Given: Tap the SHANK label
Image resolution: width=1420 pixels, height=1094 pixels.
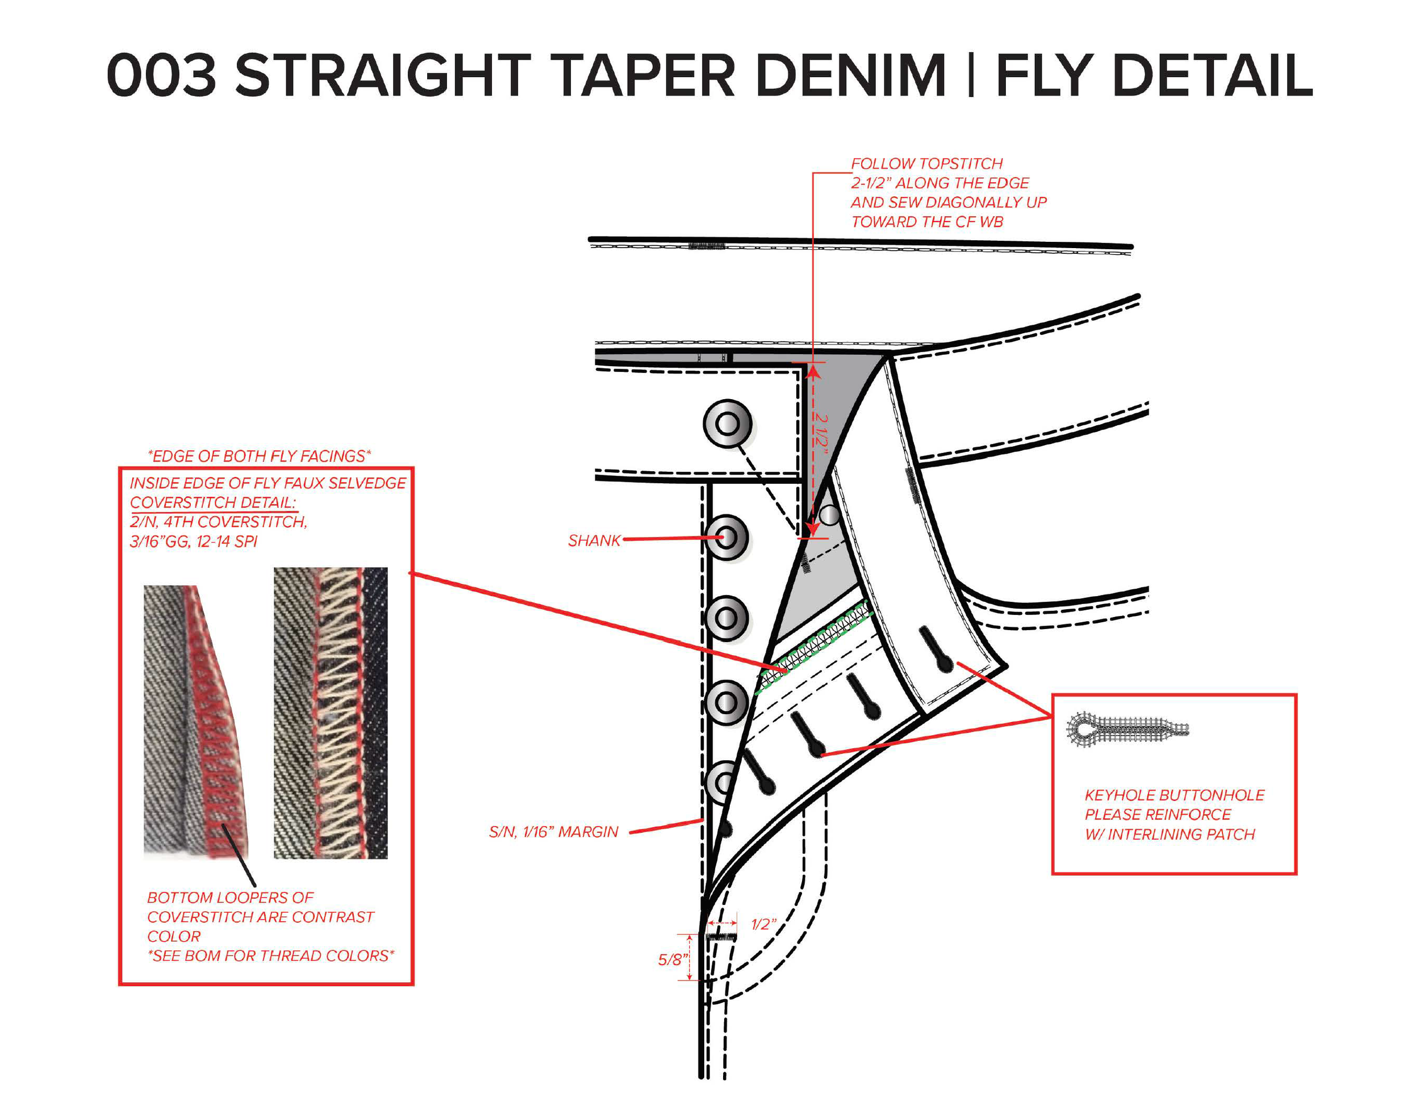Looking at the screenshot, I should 594,541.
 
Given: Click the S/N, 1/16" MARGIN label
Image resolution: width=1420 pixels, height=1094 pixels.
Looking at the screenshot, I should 553,832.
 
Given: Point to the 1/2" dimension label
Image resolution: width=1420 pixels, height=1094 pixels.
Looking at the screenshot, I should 763,924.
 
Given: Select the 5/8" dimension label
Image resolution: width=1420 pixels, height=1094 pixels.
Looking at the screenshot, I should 673,959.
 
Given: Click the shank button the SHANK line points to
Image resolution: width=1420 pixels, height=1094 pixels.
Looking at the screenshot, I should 727,538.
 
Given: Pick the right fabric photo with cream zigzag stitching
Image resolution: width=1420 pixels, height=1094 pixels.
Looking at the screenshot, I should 331,713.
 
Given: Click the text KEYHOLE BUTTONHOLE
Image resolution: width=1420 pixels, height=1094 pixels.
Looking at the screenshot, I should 1174,795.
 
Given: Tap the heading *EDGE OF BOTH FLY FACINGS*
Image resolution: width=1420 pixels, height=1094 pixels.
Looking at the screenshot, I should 260,456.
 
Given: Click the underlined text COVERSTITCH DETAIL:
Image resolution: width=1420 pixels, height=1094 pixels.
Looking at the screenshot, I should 213,502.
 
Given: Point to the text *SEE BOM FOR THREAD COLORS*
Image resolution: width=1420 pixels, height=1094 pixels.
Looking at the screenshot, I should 270,955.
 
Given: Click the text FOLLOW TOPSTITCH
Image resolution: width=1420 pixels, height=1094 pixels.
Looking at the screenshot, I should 926,164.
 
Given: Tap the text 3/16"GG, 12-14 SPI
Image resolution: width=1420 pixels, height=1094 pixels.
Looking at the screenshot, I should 194,542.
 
